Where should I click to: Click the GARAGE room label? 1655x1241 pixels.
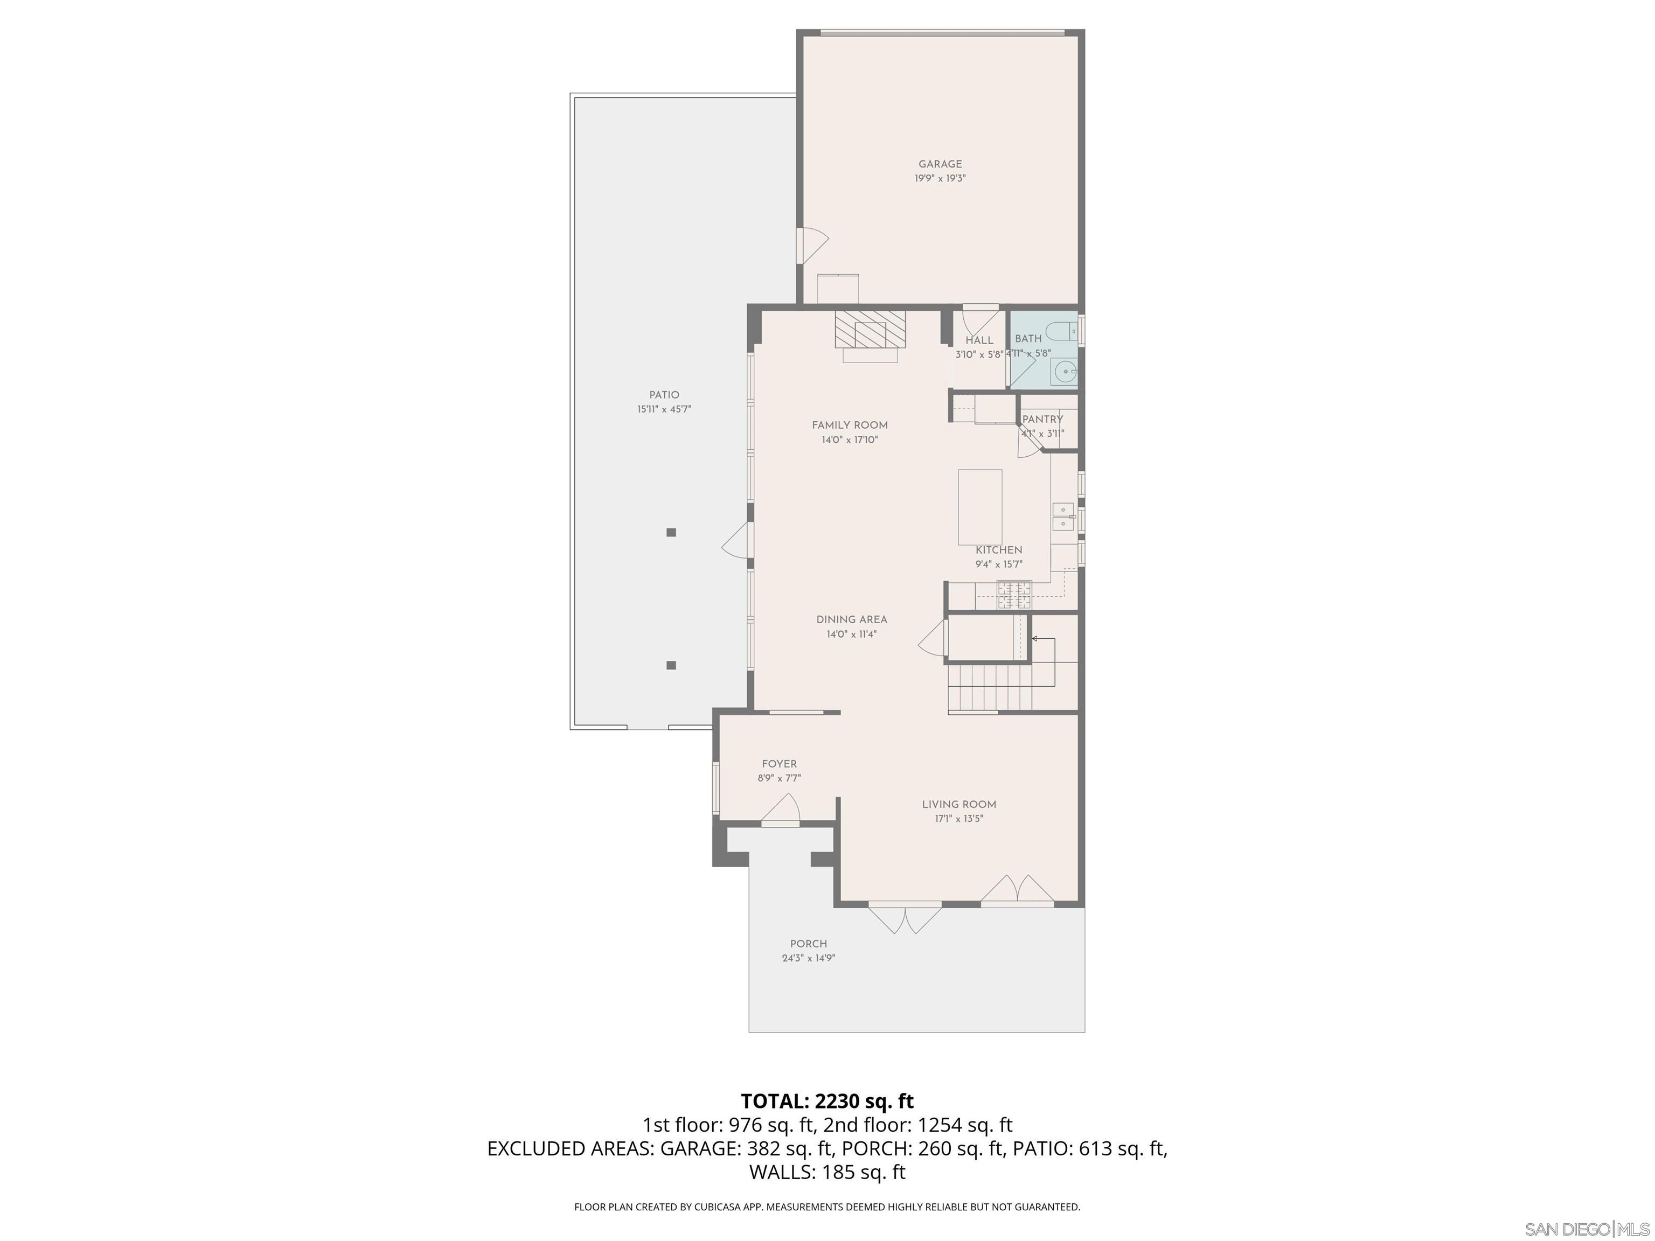(940, 164)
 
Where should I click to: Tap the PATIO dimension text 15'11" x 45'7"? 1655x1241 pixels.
(664, 409)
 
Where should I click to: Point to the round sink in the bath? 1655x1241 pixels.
(1065, 370)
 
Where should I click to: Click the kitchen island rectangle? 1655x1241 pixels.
(980, 507)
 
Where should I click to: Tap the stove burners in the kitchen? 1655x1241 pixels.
(1014, 595)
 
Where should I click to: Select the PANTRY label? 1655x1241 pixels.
(1042, 420)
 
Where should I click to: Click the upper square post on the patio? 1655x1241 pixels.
(671, 533)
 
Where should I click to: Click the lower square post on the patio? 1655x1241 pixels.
(671, 665)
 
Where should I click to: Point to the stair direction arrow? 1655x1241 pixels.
(1035, 639)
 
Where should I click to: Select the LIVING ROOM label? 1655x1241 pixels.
(958, 804)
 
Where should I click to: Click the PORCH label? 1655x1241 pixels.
(808, 944)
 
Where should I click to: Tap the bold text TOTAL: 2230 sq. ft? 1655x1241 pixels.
(827, 1101)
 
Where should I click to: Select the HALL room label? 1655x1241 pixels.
(979, 340)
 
